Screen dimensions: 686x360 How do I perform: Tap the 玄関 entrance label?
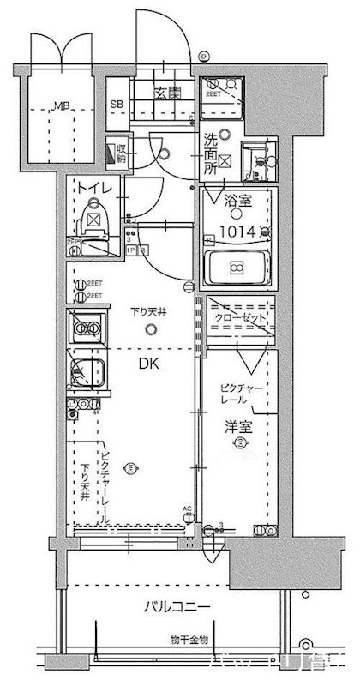[x=167, y=93]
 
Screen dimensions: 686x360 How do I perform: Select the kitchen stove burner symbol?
[x=84, y=328]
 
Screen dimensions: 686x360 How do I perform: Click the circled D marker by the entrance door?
[x=203, y=57]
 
